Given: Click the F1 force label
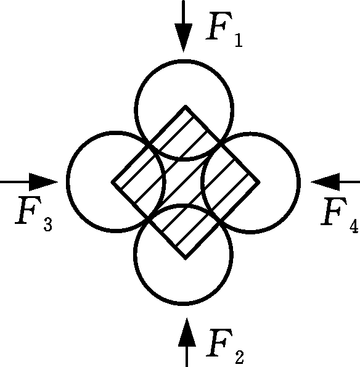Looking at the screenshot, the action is coord(224,29).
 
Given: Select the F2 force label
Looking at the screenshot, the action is coord(225,346).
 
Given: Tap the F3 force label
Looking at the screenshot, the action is coord(34,214).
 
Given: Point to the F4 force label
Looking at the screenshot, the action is coord(340,215).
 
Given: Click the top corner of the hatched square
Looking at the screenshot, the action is coord(186,107).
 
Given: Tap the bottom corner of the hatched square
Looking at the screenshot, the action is coord(186,258).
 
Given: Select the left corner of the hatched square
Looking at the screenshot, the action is coord(112,182).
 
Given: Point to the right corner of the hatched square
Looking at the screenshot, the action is coord(259,182).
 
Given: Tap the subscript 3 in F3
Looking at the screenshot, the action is coord(48,225).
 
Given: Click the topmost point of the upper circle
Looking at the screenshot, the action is coord(185,61).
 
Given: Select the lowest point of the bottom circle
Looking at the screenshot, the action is coord(183,304).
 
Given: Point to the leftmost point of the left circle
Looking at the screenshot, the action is coord(68,181).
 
